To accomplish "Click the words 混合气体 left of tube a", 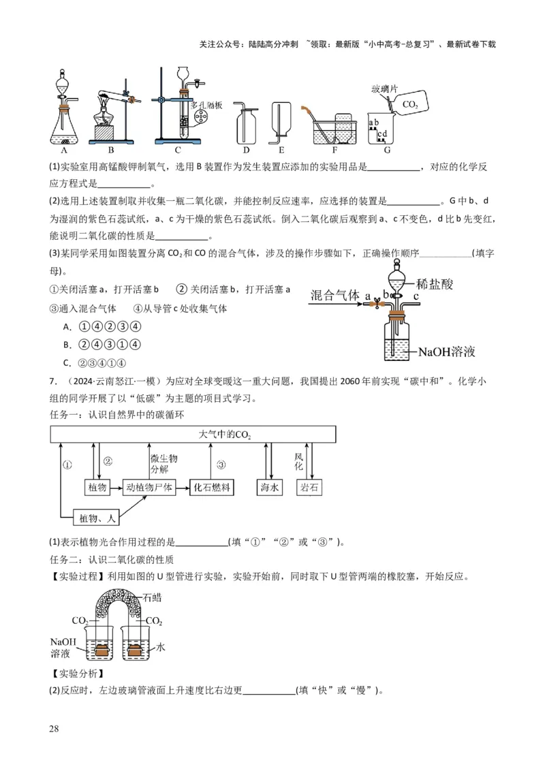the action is [x=334, y=295].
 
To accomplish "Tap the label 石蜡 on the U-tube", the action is [x=153, y=599].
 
